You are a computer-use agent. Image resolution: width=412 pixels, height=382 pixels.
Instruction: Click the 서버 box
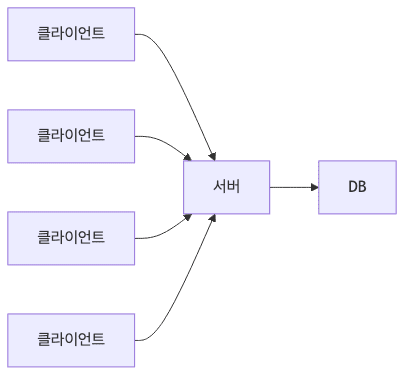227,187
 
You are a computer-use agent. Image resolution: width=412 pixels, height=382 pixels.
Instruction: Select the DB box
357,187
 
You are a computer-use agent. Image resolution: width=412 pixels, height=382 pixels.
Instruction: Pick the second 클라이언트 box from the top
71,136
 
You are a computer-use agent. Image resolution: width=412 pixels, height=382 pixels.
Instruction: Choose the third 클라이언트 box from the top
71,238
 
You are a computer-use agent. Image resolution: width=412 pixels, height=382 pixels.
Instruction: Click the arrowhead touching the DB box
313,187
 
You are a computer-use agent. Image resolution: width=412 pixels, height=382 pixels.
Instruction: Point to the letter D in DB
352,187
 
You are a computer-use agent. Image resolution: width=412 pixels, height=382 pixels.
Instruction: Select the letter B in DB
362,187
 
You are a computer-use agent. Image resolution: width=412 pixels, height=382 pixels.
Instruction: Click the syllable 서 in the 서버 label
220,187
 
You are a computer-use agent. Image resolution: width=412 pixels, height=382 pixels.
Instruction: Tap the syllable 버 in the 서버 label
234,187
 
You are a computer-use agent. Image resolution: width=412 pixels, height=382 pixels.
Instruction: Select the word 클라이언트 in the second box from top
71,136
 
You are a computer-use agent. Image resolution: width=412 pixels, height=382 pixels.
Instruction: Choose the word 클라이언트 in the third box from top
71,238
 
